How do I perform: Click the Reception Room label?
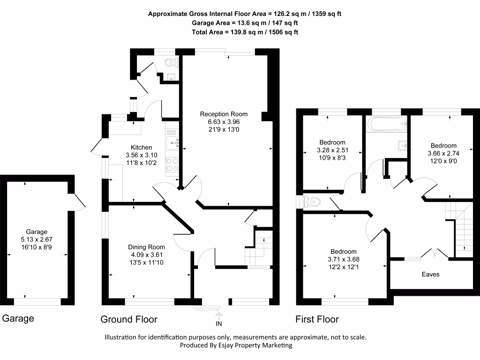[x=224, y=114]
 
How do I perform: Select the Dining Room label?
[x=147, y=247]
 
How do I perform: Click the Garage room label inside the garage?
[x=37, y=232]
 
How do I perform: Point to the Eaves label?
[x=430, y=274]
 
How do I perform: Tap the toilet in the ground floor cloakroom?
[x=172, y=62]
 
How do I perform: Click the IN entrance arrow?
[x=218, y=319]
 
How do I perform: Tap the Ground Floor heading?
[x=129, y=320]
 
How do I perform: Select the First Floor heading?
[x=317, y=320]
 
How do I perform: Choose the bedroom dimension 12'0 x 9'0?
[x=442, y=161]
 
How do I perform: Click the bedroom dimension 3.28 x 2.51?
[x=332, y=150]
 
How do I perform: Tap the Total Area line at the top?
[x=245, y=32]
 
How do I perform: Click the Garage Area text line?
[x=245, y=22]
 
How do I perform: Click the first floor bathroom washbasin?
[x=403, y=145]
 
